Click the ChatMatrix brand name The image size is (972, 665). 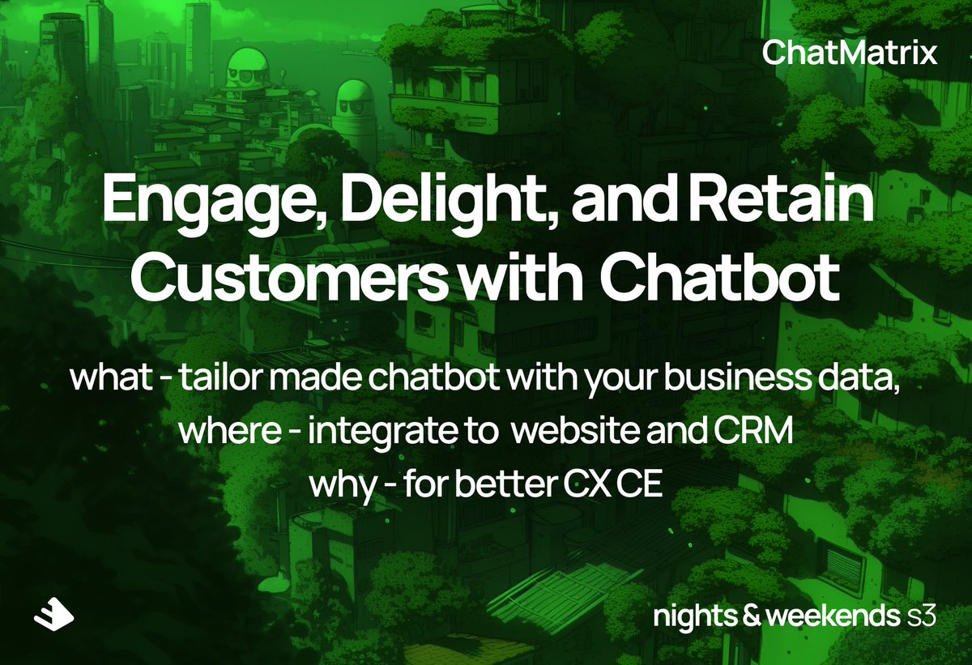click(x=850, y=54)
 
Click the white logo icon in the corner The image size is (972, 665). click(x=53, y=616)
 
